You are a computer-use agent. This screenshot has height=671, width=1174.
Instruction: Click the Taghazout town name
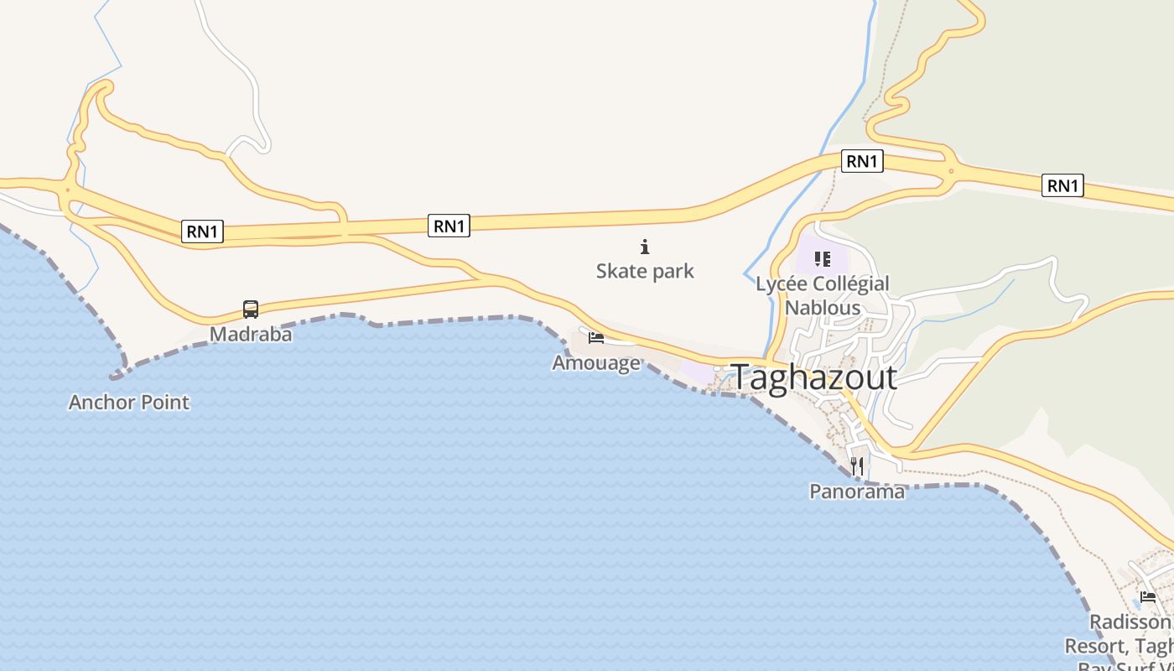pos(814,377)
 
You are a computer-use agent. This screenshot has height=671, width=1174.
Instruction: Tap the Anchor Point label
pos(129,403)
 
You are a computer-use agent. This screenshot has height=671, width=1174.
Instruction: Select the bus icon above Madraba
pos(251,309)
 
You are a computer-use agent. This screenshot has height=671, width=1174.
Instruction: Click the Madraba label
pos(251,335)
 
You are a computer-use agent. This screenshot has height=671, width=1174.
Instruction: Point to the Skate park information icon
pos(645,247)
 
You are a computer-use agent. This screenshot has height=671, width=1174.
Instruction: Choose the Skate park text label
pos(645,271)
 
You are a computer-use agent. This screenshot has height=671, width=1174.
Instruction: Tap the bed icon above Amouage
pos(596,338)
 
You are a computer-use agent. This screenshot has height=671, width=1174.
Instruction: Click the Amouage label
pos(595,363)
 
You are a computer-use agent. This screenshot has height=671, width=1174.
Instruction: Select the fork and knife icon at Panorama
pos(857,466)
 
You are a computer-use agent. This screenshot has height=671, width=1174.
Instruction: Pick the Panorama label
pos(857,492)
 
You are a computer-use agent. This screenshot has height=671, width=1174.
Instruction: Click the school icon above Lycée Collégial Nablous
pos(822,259)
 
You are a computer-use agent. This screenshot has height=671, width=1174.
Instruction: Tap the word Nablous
pos(823,308)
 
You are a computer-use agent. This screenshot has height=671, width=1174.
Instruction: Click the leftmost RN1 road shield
pos(203,231)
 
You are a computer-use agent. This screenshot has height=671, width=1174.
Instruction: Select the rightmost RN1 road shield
pos(1062,185)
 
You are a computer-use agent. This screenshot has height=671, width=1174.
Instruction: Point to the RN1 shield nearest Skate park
pos(449,225)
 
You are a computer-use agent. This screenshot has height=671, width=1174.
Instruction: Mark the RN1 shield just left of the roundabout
pos(862,161)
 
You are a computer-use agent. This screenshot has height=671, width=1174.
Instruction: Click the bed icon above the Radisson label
pos(1148,597)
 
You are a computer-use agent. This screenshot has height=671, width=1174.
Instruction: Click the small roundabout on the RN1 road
pos(951,172)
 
